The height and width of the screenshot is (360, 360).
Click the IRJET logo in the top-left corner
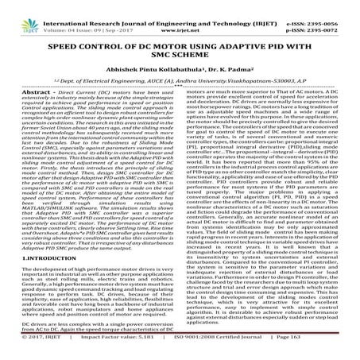[x=17, y=11]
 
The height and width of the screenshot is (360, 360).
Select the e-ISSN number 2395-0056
[x=312, y=6]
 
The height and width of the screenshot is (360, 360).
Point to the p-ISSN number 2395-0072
[x=312, y=14]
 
